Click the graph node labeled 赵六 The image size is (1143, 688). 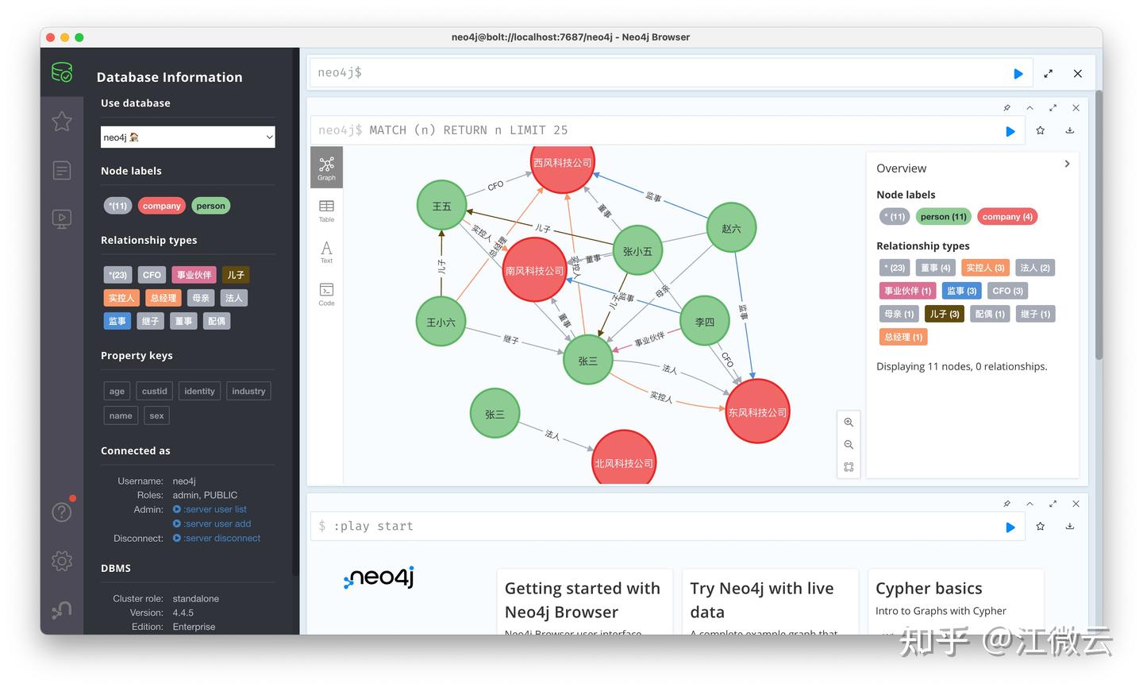coord(731,228)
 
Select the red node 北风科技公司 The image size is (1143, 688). coord(624,461)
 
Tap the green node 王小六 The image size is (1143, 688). coord(441,322)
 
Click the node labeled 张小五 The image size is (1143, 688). coord(637,251)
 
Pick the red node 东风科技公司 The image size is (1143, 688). coord(757,412)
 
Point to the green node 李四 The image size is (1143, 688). coord(705,322)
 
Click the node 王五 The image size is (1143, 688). coord(441,206)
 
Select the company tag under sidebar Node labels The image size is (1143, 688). coord(162,206)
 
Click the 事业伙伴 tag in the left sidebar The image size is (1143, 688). coord(194,275)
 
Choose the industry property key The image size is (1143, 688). coord(248,391)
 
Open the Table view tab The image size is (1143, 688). coord(326,211)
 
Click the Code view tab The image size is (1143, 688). coord(326,293)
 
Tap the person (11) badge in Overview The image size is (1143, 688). coord(943,217)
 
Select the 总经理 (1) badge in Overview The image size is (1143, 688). coord(903,337)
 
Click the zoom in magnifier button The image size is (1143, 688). coord(849,423)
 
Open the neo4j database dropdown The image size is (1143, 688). coord(187,137)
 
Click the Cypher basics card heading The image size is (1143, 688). coord(929,589)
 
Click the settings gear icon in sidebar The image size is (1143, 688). coord(62,561)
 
